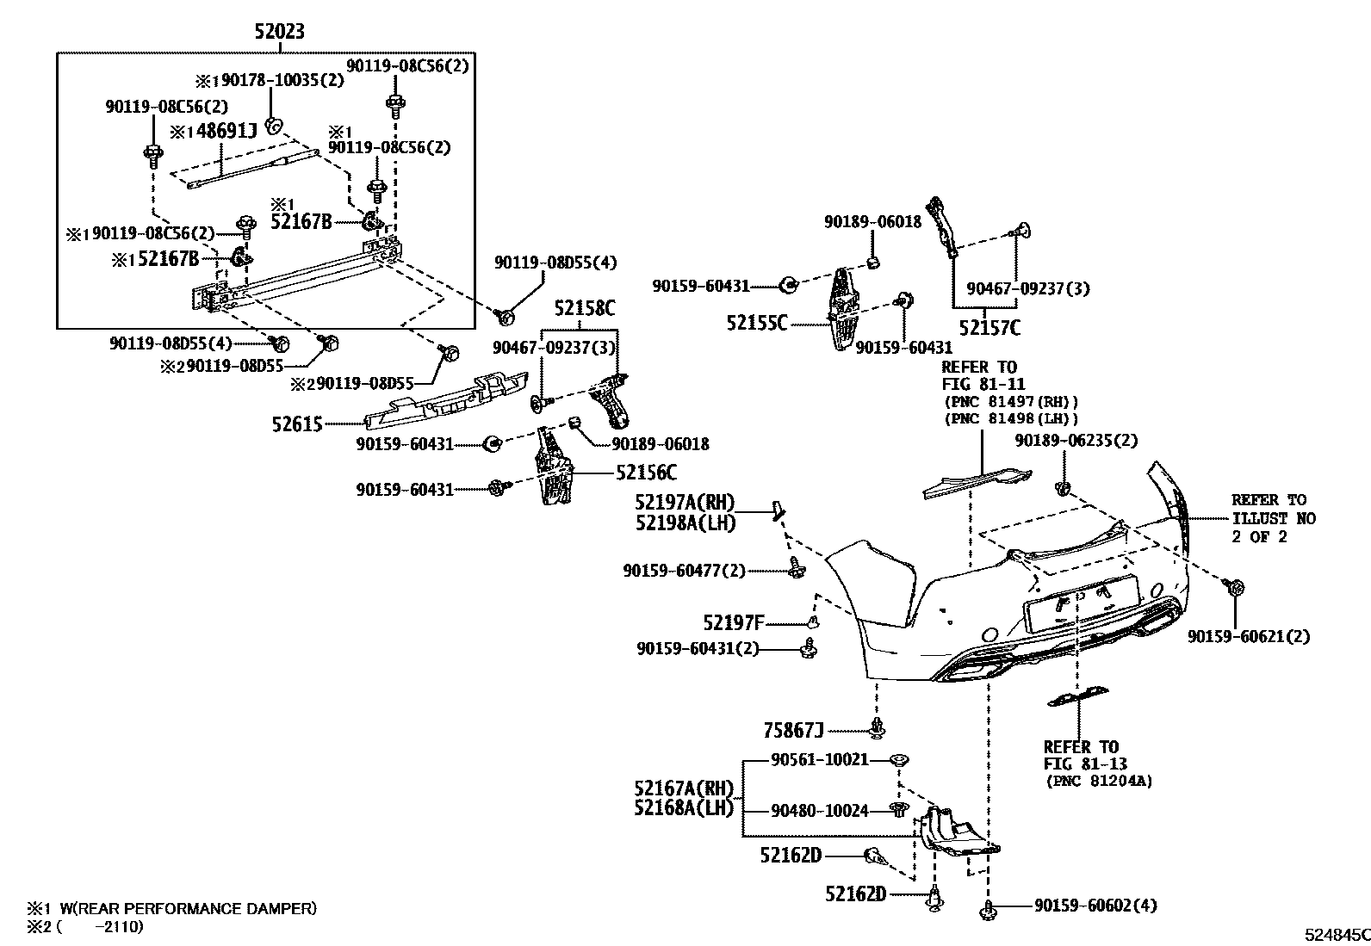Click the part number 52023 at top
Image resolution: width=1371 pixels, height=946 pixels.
coord(278,33)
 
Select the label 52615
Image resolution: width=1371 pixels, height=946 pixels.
coord(296,424)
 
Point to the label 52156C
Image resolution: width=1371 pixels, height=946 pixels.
coord(645,473)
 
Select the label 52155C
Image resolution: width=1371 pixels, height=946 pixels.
coord(757,324)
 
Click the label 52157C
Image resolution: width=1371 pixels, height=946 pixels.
coord(990,327)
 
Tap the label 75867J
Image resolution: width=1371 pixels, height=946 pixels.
coord(793,731)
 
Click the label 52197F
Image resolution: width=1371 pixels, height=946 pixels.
coord(733,622)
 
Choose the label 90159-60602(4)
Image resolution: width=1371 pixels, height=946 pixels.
coord(1095,906)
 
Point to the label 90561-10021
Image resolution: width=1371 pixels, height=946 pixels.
coord(819,760)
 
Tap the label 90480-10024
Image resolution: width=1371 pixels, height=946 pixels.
coord(819,810)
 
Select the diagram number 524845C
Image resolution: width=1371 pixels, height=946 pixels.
coord(1335,935)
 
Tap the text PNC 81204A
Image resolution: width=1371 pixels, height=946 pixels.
coord(1100,782)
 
